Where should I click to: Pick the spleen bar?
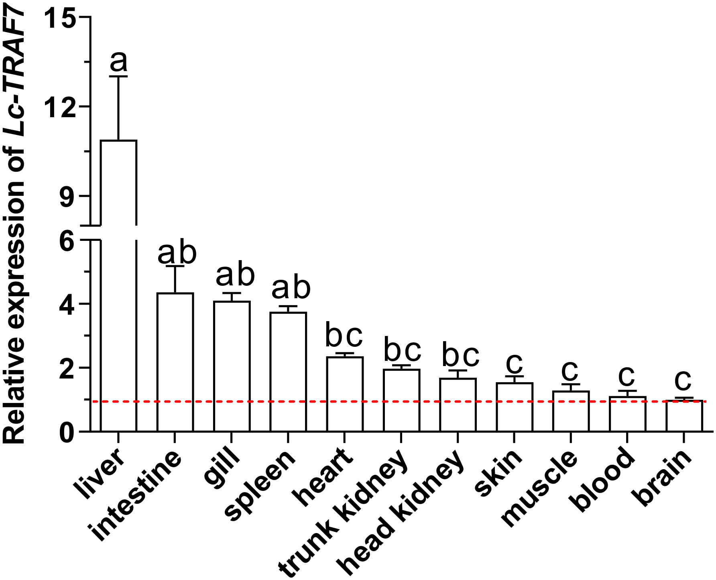pos(288,372)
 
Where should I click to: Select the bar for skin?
pos(514,407)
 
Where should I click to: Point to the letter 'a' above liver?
pos(118,61)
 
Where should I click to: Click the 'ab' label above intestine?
pos(177,253)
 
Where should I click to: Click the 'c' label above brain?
pos(683,380)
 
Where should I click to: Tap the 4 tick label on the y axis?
pos(67,304)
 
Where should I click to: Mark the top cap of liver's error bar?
pos(118,76)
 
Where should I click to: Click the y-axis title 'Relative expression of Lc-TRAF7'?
pos(14,225)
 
